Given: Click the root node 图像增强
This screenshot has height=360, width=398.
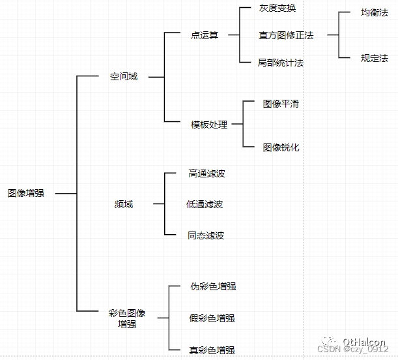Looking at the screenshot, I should [26, 194].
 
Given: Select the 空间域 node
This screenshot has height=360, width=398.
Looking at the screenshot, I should [124, 76].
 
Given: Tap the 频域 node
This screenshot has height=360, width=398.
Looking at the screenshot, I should [124, 204].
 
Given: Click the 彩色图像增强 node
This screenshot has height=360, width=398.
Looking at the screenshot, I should [127, 318].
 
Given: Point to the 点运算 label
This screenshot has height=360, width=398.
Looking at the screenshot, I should [205, 35].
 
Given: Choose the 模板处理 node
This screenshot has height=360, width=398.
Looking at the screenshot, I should [209, 125].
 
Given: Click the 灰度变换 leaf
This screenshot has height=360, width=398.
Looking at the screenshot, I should [277, 8].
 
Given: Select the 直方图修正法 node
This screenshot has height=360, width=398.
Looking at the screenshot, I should [286, 35].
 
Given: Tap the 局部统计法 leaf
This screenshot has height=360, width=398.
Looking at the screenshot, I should [281, 63].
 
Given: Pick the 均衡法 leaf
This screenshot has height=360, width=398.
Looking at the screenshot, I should [375, 12].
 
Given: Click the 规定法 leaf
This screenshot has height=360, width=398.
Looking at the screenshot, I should [375, 58].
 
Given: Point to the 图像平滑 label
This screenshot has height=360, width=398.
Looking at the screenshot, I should [281, 104].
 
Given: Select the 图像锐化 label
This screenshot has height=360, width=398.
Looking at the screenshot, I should [281, 147].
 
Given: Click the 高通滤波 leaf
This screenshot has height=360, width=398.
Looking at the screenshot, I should [206, 173].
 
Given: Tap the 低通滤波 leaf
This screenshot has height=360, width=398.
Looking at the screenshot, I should [205, 204].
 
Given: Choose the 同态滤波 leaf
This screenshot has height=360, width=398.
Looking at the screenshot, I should [206, 235].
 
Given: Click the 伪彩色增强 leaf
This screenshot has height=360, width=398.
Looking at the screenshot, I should [212, 286].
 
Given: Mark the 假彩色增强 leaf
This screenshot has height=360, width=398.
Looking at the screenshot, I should [212, 318].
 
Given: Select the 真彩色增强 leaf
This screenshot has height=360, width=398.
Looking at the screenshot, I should [212, 350].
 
